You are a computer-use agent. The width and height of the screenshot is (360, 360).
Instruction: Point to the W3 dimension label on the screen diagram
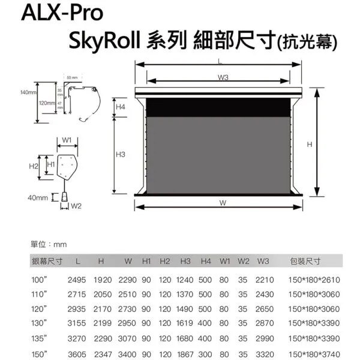coord(223,77)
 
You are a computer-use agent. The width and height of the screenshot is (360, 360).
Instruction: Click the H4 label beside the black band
coord(121,106)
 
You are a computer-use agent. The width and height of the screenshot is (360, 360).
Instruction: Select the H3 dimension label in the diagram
coord(121,155)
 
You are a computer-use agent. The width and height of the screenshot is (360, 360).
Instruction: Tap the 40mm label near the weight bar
coord(37,197)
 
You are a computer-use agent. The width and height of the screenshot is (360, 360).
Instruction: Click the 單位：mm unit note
coord(49,244)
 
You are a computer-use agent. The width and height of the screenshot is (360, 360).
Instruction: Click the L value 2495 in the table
coord(77,280)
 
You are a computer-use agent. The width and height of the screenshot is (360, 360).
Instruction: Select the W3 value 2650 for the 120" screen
coord(264,308)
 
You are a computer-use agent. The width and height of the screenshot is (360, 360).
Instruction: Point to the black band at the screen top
coord(223,107)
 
